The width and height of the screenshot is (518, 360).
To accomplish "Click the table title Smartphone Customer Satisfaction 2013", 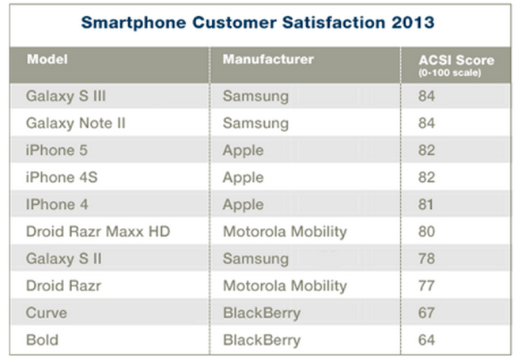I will (x=258, y=22).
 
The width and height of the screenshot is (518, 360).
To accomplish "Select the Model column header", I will (x=47, y=59).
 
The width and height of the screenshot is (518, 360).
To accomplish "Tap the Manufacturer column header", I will (x=267, y=59).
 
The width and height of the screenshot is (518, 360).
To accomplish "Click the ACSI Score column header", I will (x=456, y=60).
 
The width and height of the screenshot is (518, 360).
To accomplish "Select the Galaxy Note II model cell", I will (x=75, y=123).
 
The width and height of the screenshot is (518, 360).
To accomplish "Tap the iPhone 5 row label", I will (x=58, y=150).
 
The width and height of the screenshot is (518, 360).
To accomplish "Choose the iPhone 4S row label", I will (x=61, y=178).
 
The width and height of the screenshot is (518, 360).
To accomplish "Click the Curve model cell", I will (x=47, y=313).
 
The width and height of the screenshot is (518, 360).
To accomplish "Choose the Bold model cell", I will (x=43, y=340).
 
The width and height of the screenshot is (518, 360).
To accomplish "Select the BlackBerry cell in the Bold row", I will (x=261, y=340).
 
